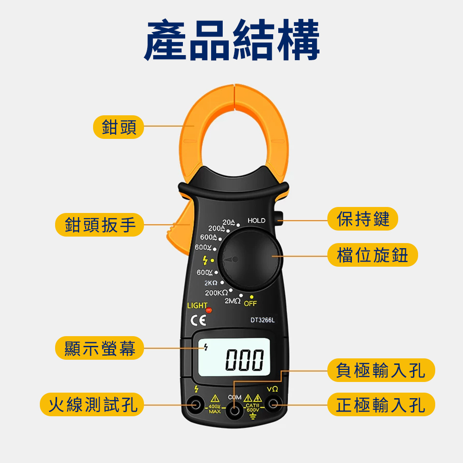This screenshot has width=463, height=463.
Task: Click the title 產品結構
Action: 232,40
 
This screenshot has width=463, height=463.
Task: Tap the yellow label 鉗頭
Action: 119,127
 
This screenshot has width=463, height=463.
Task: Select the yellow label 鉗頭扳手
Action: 100,225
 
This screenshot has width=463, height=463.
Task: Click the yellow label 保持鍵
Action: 363,219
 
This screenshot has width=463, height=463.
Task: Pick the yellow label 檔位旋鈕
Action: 373,255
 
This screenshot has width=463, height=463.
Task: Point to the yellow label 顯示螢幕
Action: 100,348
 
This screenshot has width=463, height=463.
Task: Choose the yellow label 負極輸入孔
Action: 381,370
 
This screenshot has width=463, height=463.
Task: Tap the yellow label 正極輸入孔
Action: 381,405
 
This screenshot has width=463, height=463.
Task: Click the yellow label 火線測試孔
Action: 92,405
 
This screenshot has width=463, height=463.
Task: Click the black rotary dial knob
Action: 250,260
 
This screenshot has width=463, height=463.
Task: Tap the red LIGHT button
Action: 209,310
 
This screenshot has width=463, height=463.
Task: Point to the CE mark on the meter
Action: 198,320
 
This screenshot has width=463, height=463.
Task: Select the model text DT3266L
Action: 263,320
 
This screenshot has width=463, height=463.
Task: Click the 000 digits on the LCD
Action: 244,360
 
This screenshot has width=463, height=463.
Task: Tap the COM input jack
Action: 234,411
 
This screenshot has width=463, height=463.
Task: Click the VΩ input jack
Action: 273,404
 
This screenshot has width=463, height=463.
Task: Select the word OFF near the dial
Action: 250,304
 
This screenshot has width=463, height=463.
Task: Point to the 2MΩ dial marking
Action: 232,301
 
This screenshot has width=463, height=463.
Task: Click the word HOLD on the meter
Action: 257,220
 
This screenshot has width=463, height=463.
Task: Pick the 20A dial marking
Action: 229,222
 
